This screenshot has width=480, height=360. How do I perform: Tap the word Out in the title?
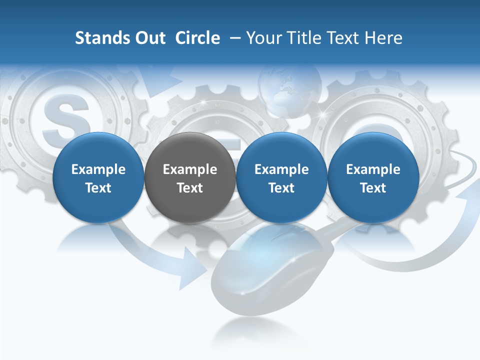[149, 38]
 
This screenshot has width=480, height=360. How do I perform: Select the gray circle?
[190, 178]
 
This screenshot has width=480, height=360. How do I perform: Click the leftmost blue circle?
[98, 178]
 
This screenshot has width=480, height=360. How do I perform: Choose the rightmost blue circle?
[373, 178]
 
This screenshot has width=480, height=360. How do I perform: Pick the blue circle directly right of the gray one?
[281, 178]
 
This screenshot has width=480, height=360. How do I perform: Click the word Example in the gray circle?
[190, 169]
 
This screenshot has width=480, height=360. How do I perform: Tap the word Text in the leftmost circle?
[98, 188]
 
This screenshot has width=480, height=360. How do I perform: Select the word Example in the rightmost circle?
[373, 169]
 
